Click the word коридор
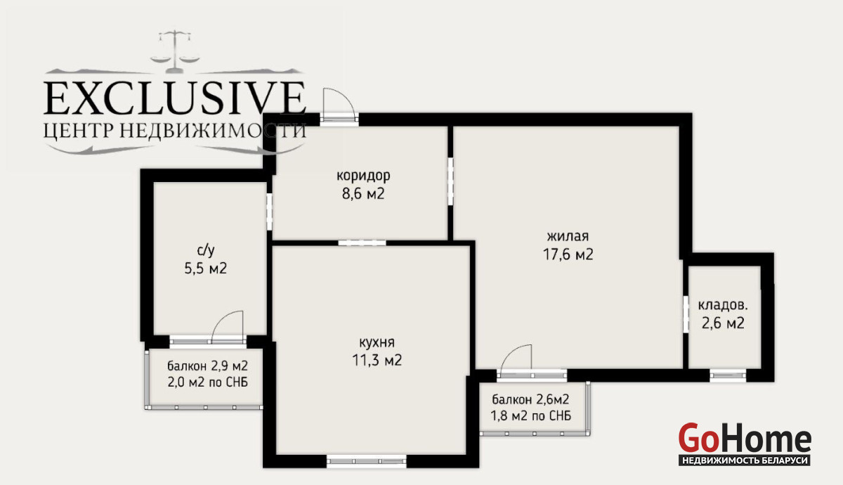coord(363,176)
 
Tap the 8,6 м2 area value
coord(363,194)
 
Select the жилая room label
coord(568,236)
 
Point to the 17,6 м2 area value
coord(568,254)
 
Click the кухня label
coord(377,343)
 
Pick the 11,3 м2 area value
coord(377,361)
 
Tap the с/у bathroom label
coord(205,250)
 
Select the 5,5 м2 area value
coord(205,269)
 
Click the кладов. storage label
coord(723,305)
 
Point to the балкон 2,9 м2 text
coord(208,366)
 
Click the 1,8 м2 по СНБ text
coord(530,415)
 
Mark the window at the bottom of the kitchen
coord(367,461)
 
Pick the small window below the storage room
coord(728,375)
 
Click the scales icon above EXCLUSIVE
coord(175,51)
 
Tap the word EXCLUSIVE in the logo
coord(175,98)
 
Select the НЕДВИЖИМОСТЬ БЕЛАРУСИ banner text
coord(745,460)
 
